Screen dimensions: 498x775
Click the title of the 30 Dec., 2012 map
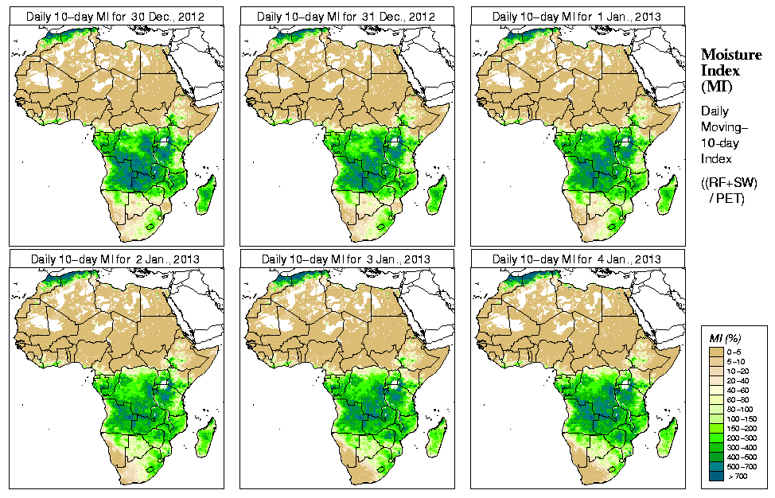coord(115,16)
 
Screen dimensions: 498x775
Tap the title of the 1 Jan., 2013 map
coord(577,16)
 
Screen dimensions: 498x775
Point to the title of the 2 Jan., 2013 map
coord(115,259)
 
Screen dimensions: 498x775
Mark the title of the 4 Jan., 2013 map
coord(577,259)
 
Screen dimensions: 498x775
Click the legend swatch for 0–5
coord(716,351)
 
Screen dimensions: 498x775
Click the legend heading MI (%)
coord(724,339)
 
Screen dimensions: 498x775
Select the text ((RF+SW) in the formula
coord(730,183)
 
